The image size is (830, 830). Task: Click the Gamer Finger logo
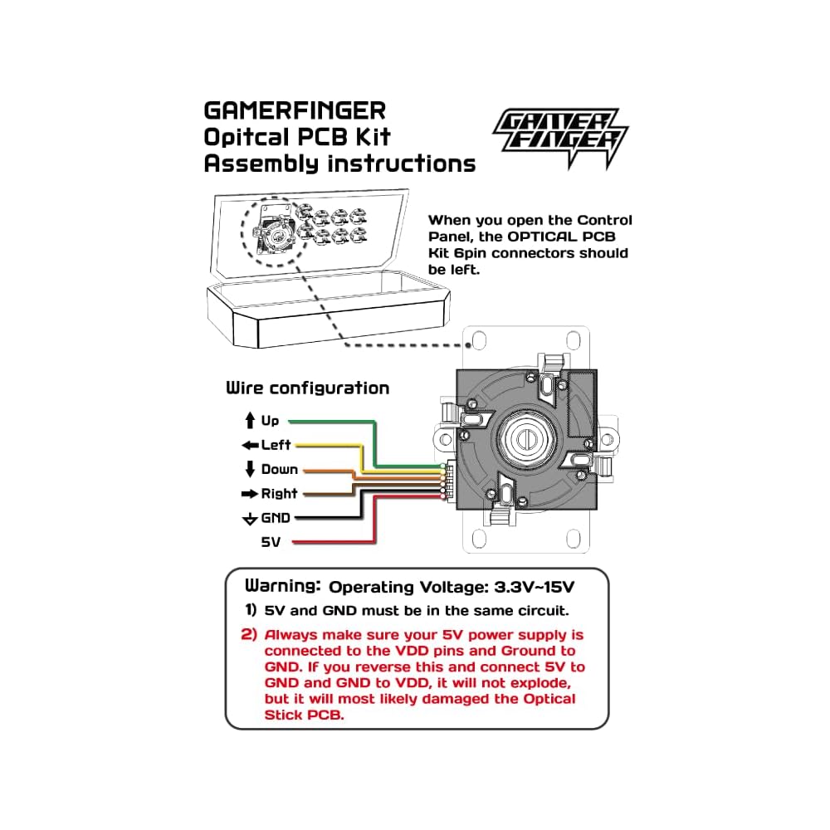pos(560,137)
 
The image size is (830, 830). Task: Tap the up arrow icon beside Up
pos(249,421)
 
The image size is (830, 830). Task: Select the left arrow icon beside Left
pos(249,445)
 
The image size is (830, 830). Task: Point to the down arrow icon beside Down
pos(249,469)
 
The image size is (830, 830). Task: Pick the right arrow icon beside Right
pos(249,494)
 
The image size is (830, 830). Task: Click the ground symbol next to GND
pos(249,520)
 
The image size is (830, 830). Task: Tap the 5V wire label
pos(271,542)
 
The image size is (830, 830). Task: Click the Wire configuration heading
pos(307,388)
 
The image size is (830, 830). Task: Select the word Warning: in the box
pos(282,585)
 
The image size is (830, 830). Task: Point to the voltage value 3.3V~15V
pos(533,588)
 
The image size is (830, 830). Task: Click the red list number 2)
pos(250,635)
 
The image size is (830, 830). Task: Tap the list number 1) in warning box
pos(250,611)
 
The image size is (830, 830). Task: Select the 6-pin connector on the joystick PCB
pos(449,481)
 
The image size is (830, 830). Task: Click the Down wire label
pos(280,470)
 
